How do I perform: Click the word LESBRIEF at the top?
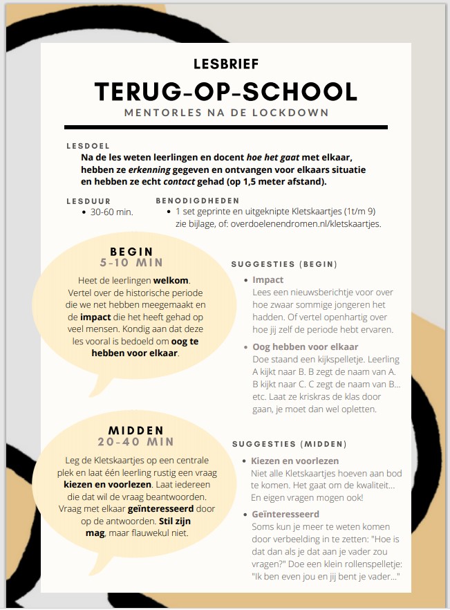226,65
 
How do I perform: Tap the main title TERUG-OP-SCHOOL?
226,91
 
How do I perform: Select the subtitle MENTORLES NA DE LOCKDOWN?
226,112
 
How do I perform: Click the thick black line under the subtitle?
226,127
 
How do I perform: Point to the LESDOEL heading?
88,147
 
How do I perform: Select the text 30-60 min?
111,212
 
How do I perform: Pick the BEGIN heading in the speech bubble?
131,252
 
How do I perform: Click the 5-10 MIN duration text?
131,264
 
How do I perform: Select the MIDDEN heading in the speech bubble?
135,430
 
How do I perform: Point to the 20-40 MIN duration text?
135,442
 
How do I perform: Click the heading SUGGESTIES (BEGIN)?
284,264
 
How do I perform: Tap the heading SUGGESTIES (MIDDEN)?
289,444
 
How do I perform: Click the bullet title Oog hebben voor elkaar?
306,346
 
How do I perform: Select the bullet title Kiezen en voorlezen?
294,461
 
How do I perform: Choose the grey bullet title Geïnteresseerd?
285,515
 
